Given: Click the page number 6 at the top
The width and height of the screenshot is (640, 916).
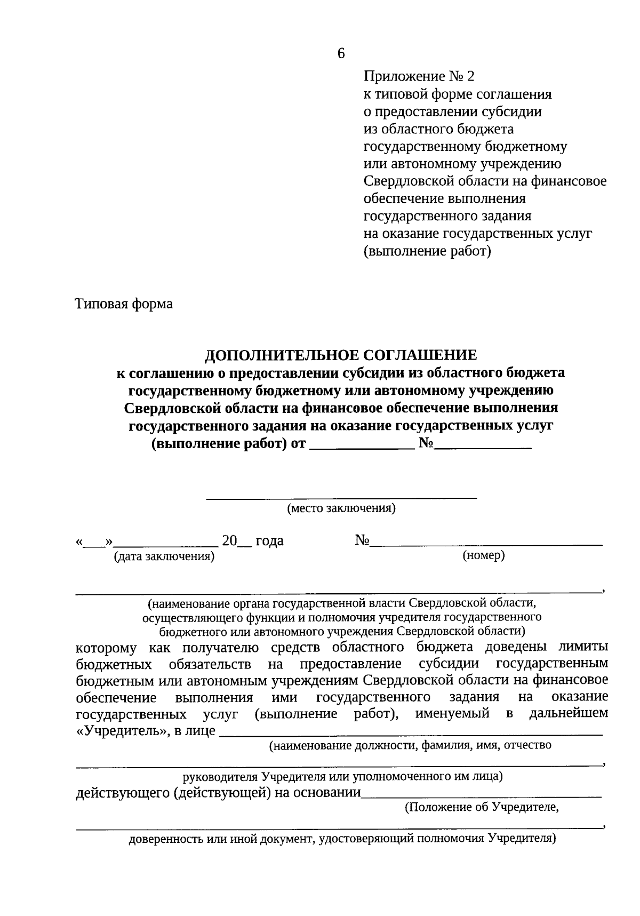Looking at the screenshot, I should [341, 53].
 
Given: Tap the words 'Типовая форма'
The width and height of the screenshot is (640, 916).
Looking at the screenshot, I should [124, 304].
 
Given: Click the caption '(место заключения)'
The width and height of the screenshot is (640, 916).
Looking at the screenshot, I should [341, 508].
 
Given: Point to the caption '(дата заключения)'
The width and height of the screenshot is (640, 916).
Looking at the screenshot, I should [164, 557].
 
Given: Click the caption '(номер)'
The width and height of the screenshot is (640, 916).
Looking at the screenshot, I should [483, 556].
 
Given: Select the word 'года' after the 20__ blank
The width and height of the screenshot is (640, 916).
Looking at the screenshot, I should [269, 541].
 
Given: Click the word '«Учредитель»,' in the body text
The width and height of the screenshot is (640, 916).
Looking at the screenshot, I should [121, 731].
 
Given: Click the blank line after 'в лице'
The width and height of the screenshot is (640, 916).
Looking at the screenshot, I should [411, 733].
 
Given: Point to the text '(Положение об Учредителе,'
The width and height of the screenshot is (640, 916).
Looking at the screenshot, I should [481, 807].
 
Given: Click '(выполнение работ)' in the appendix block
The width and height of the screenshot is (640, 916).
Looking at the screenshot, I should [427, 251].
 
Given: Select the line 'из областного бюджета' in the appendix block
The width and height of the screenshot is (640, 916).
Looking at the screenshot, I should [438, 129].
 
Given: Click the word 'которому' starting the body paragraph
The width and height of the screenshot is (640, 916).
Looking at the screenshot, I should [106, 648].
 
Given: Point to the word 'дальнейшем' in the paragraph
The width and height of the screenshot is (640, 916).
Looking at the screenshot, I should [568, 713].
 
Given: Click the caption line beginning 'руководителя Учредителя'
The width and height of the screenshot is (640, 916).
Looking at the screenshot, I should [341, 776].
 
